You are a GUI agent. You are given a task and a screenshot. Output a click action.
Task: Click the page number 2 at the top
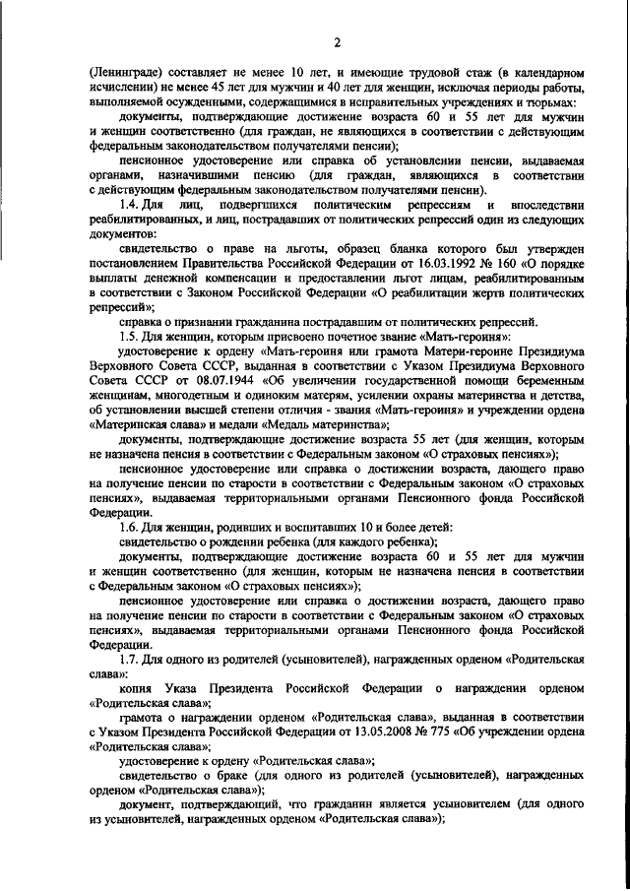point(336,41)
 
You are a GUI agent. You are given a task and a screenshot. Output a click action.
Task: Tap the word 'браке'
point(230,778)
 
